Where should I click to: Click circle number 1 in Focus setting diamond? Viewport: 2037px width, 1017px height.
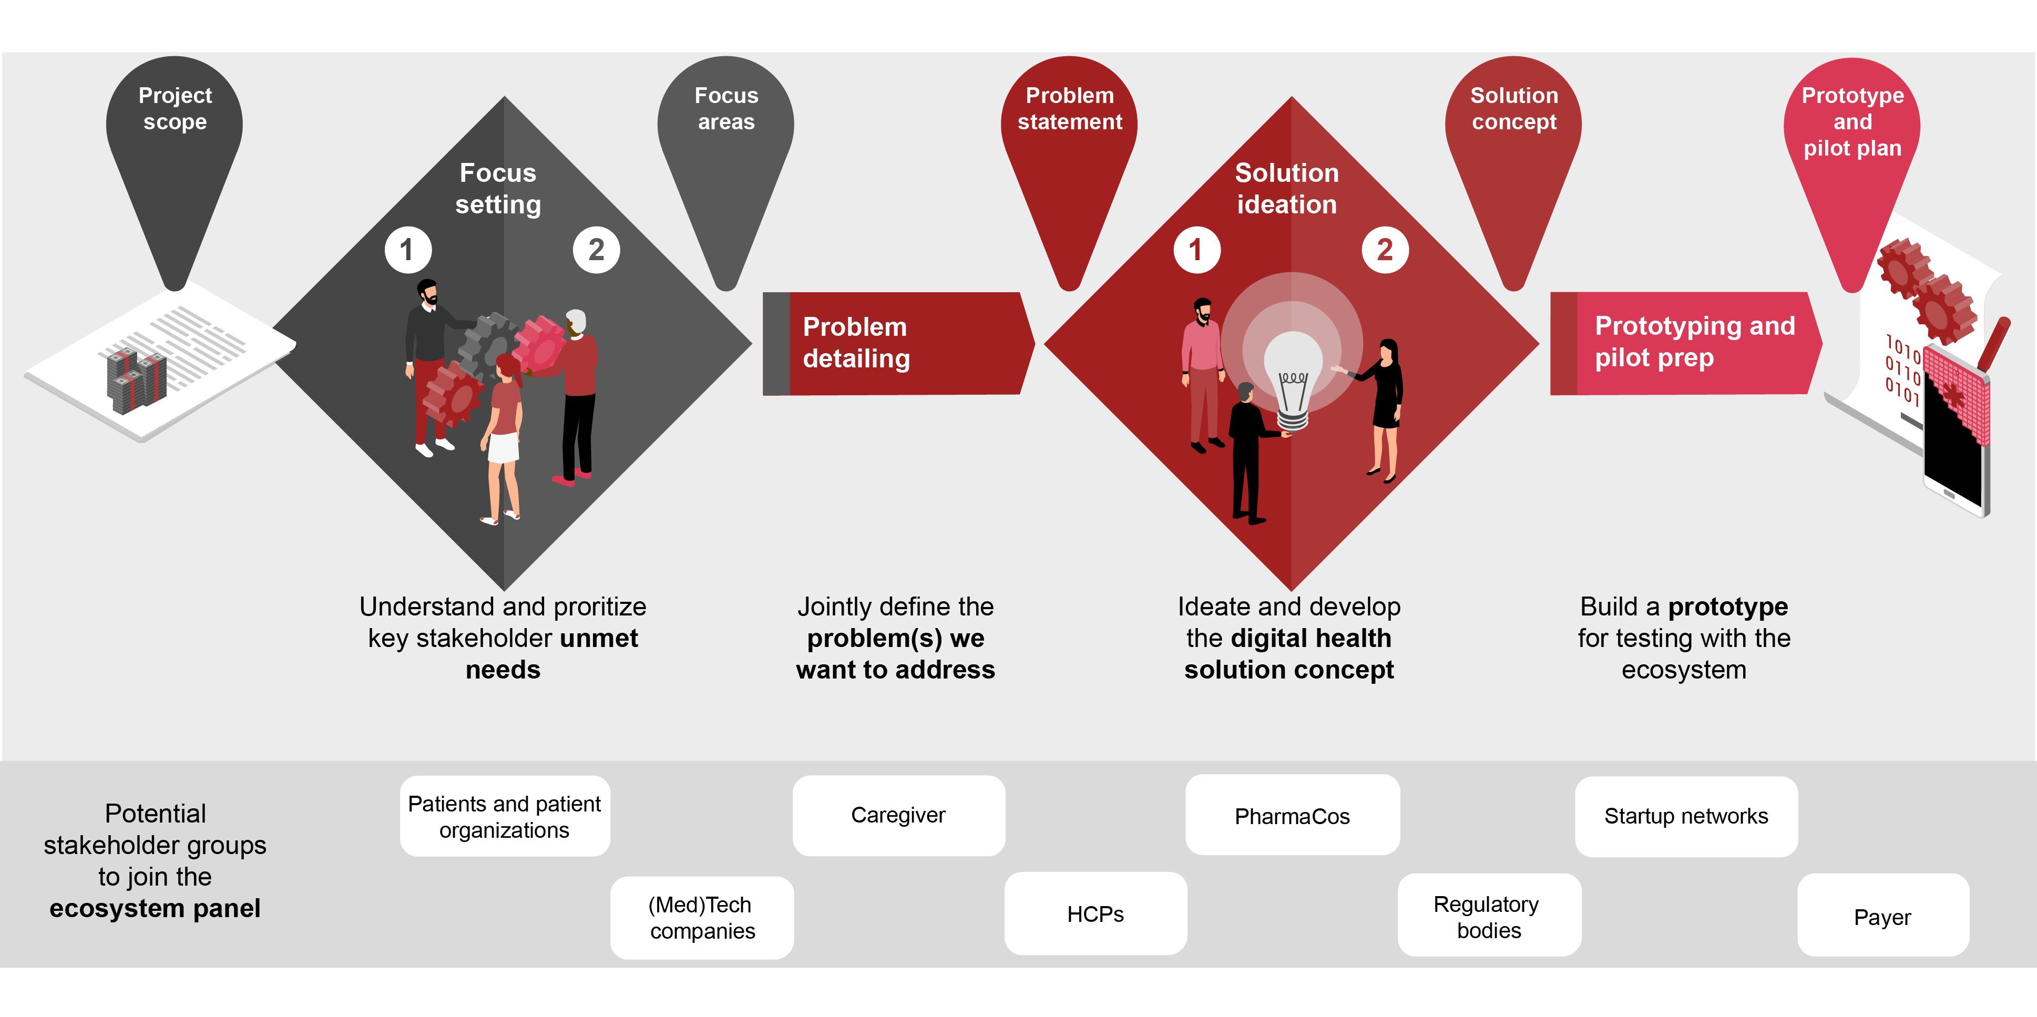point(408,250)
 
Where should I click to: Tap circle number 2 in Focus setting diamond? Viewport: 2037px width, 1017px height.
point(596,250)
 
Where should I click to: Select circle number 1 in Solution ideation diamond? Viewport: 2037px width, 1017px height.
point(1196,250)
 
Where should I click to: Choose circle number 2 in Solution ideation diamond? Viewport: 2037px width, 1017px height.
point(1385,250)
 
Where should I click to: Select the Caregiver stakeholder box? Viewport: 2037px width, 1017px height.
point(898,815)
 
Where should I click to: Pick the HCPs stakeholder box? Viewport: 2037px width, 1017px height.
point(1095,913)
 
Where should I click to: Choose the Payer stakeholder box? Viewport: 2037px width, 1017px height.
point(1883,915)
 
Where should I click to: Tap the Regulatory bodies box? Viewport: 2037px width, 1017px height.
point(1489,915)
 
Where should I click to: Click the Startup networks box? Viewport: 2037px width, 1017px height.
point(1686,816)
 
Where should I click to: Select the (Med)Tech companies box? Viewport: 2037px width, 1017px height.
point(701,917)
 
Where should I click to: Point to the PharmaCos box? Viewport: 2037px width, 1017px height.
point(1292,815)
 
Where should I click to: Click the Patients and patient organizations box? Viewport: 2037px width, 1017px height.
point(505,816)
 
